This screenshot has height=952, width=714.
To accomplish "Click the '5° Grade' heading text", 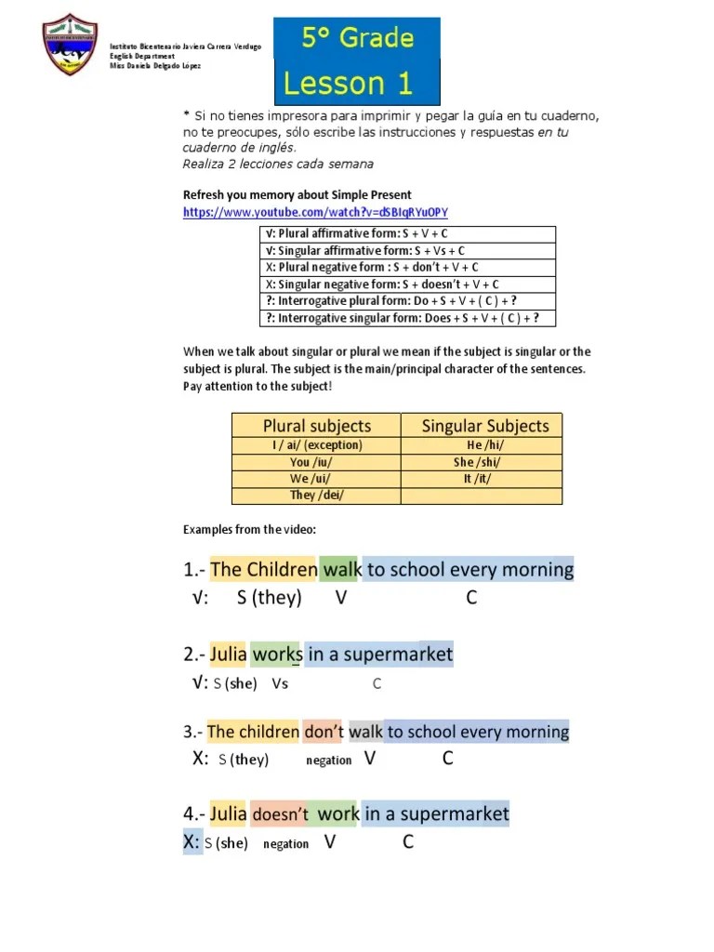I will pyautogui.click(x=357, y=38).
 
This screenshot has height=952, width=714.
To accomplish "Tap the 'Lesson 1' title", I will pyautogui.click(x=348, y=84).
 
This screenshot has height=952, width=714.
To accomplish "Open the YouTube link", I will pyautogui.click(x=315, y=212).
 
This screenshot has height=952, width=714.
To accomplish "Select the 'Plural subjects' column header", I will pyautogui.click(x=316, y=426).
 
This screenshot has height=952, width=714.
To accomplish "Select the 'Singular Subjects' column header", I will pyautogui.click(x=484, y=426).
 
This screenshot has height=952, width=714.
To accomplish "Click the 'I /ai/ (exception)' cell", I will pyautogui.click(x=316, y=445).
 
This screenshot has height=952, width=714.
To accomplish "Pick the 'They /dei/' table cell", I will pyautogui.click(x=316, y=496).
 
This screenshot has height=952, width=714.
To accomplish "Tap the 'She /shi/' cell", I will pyautogui.click(x=481, y=462).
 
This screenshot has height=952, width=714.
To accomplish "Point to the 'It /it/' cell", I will pyautogui.click(x=481, y=479).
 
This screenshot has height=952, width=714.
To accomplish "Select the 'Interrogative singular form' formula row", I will pyautogui.click(x=402, y=318).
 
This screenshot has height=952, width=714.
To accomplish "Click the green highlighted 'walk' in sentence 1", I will pyautogui.click(x=340, y=569).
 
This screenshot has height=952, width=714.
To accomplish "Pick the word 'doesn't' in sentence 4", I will pyautogui.click(x=279, y=814).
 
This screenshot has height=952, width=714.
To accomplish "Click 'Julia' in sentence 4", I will pyautogui.click(x=229, y=814).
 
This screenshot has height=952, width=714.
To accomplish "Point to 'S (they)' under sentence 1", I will pyautogui.click(x=269, y=598).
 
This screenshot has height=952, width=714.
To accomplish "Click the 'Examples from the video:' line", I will pyautogui.click(x=249, y=530).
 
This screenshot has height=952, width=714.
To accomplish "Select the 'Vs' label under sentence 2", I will pyautogui.click(x=280, y=684).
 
